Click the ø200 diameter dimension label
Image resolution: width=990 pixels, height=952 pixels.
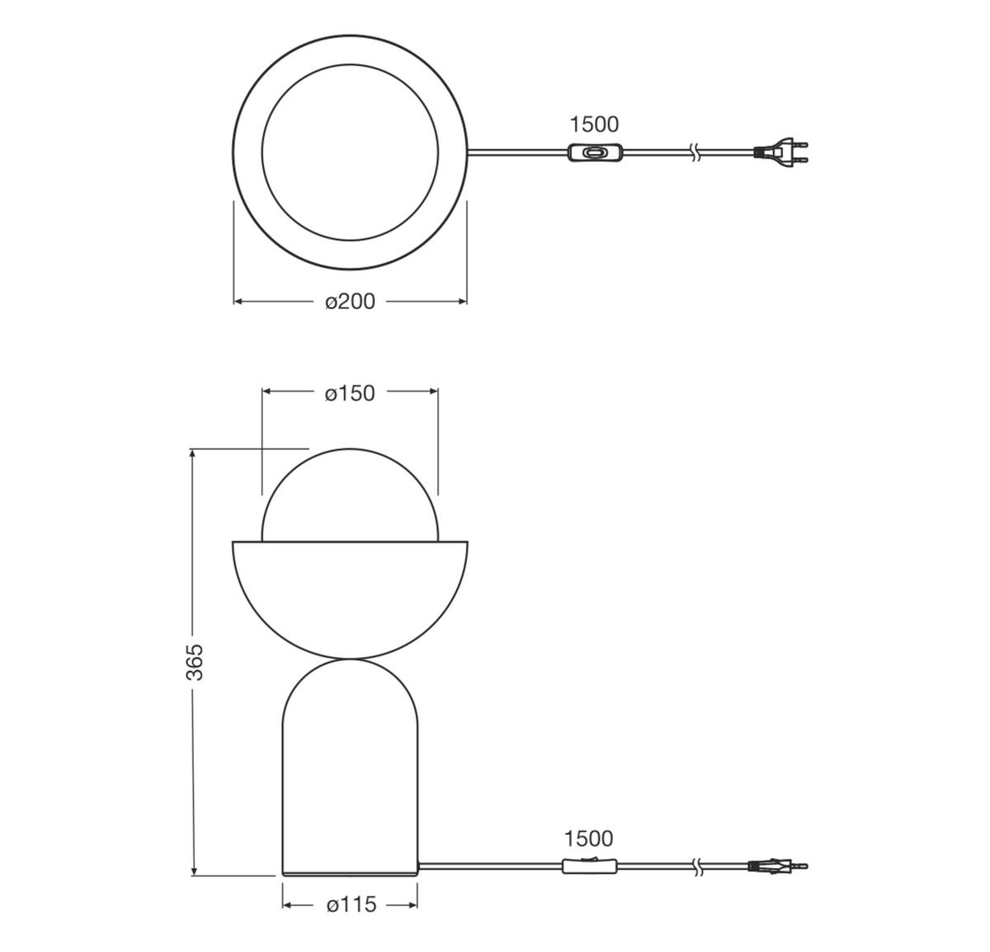click(x=350, y=302)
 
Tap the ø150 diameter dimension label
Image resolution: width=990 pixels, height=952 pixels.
click(x=350, y=393)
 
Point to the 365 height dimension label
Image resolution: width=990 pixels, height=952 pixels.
click(x=195, y=663)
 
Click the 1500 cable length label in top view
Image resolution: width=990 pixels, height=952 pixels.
click(x=594, y=124)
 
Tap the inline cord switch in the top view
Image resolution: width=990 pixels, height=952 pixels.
click(x=595, y=152)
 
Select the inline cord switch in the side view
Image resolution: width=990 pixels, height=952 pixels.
click(x=590, y=865)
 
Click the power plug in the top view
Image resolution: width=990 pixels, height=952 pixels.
click(x=780, y=151)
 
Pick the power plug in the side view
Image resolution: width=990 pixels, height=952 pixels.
click(x=777, y=866)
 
